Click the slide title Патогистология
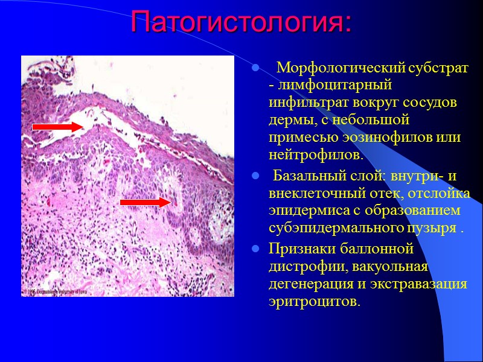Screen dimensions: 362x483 (240, 23)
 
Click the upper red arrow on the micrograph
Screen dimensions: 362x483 (57, 127)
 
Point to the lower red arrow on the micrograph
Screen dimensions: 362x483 (146, 202)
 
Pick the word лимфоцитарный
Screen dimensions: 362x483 (323, 85)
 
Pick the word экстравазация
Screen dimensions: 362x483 (424, 284)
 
